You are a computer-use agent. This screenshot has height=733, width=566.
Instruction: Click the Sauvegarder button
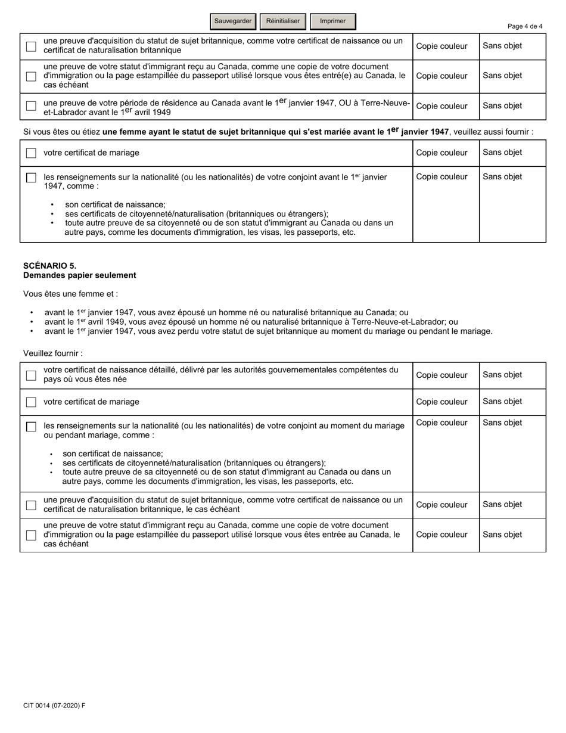tap(233, 21)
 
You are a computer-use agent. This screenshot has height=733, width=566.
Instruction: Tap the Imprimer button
tap(332, 21)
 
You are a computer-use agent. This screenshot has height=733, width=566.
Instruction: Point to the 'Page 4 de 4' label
tap(524, 26)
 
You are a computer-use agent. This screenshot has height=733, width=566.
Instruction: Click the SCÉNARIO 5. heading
tap(49, 266)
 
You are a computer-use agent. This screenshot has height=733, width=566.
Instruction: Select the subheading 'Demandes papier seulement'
tap(79, 275)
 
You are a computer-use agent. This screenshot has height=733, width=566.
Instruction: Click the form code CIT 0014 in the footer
tap(54, 706)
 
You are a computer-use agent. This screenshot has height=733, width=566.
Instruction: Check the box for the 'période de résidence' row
tap(31, 106)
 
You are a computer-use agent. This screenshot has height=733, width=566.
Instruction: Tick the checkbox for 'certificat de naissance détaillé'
tap(31, 375)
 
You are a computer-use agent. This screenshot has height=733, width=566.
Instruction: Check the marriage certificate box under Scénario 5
tap(31, 402)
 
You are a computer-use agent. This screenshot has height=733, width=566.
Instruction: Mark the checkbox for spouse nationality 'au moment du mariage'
tap(31, 427)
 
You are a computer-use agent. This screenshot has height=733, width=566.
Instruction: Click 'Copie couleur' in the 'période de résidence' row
tap(441, 106)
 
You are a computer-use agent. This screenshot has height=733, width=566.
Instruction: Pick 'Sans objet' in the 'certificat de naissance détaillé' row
tap(502, 375)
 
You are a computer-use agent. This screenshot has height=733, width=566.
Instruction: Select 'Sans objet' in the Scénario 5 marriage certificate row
tap(502, 402)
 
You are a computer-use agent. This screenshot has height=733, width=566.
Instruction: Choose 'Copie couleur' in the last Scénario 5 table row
tap(441, 535)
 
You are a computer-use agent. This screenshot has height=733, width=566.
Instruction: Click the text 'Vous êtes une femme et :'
tap(70, 294)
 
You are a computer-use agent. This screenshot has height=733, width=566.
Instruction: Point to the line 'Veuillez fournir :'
tap(52, 353)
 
